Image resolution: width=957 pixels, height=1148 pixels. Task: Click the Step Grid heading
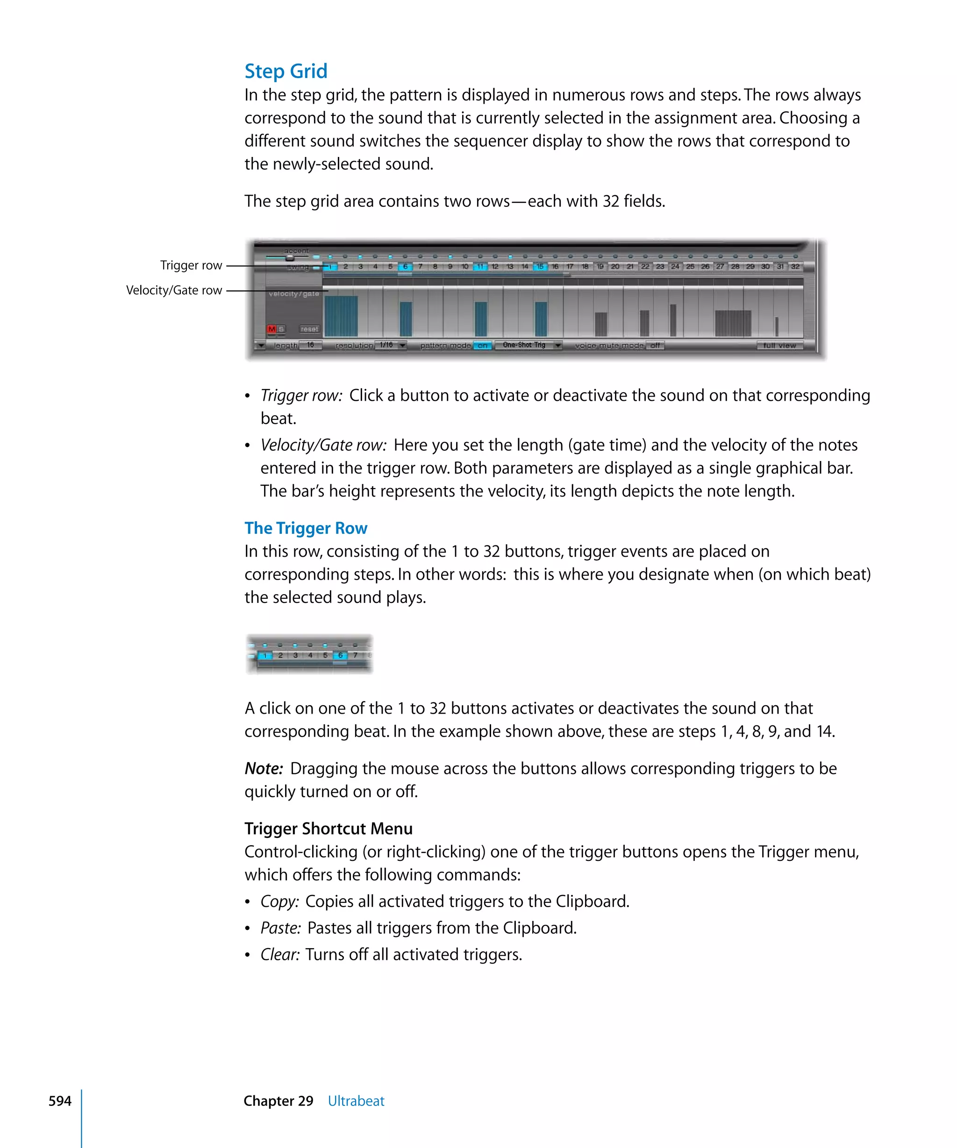point(286,71)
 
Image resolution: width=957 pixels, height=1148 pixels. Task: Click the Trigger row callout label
point(191,265)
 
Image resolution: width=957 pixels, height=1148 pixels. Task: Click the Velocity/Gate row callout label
point(174,291)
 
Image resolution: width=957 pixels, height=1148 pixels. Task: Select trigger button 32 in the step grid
point(795,267)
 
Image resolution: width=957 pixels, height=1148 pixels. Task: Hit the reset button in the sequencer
point(309,329)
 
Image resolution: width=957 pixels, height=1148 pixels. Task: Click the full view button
point(779,346)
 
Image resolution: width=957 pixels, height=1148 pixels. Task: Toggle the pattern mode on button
point(482,346)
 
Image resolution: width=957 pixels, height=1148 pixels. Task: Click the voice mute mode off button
point(655,346)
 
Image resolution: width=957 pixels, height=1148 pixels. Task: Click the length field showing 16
point(310,346)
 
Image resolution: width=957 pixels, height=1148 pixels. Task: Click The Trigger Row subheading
point(306,528)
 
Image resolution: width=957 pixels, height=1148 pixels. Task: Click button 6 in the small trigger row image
point(340,655)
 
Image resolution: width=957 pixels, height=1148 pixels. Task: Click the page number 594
point(60,1101)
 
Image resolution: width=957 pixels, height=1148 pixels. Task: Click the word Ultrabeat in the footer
point(356,1101)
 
